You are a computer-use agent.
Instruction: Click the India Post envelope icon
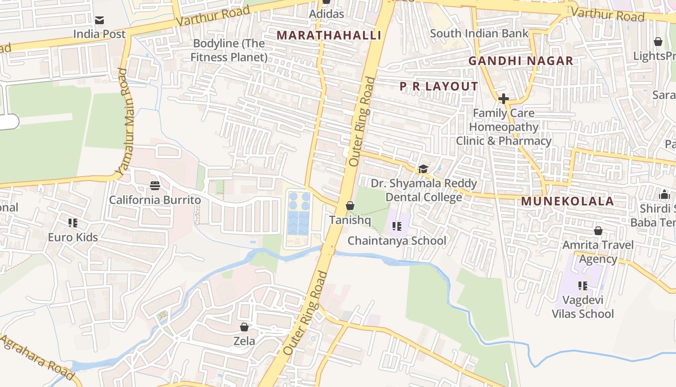point(99,20)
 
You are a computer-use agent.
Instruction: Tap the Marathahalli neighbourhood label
point(329,35)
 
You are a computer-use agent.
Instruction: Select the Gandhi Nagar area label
point(521,61)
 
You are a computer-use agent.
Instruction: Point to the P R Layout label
point(438,87)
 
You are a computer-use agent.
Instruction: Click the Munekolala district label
point(567,201)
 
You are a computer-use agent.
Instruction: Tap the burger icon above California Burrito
point(155,186)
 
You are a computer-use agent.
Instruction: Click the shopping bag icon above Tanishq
point(350,206)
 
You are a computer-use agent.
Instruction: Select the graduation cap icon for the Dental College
point(423,169)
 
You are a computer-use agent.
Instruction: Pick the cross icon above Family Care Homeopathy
point(503,99)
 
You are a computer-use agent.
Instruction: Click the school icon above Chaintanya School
point(397,226)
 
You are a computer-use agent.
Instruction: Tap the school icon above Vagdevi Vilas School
point(582,285)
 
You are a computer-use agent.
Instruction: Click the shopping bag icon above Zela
point(244,327)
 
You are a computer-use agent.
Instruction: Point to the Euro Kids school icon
point(73,223)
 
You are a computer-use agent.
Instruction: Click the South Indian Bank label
point(479,33)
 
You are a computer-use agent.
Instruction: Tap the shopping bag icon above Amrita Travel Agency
point(598,231)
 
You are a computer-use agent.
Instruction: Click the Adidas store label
point(327,14)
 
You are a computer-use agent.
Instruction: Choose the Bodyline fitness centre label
point(228,50)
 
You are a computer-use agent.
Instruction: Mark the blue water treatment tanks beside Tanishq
point(299,213)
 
